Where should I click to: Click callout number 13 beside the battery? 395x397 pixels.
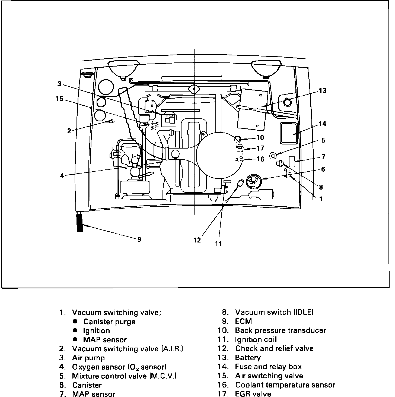323,90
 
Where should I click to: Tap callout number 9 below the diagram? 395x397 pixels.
139,240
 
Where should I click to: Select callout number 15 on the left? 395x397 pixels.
60,99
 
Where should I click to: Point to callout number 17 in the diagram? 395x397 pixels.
260,148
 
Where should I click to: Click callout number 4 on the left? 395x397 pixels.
62,176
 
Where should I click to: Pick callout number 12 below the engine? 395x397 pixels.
197,240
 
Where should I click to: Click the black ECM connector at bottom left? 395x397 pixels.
80,222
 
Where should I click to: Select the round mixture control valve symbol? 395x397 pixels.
273,155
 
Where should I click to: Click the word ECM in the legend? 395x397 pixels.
243,321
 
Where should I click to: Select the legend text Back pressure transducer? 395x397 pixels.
280,330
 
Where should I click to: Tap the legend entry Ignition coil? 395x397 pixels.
256,339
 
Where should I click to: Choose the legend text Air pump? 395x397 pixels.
88,358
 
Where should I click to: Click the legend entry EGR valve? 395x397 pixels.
253,394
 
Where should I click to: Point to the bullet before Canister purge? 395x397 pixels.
75,322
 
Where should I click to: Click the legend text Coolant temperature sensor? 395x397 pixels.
285,385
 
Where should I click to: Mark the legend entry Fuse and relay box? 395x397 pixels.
268,367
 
